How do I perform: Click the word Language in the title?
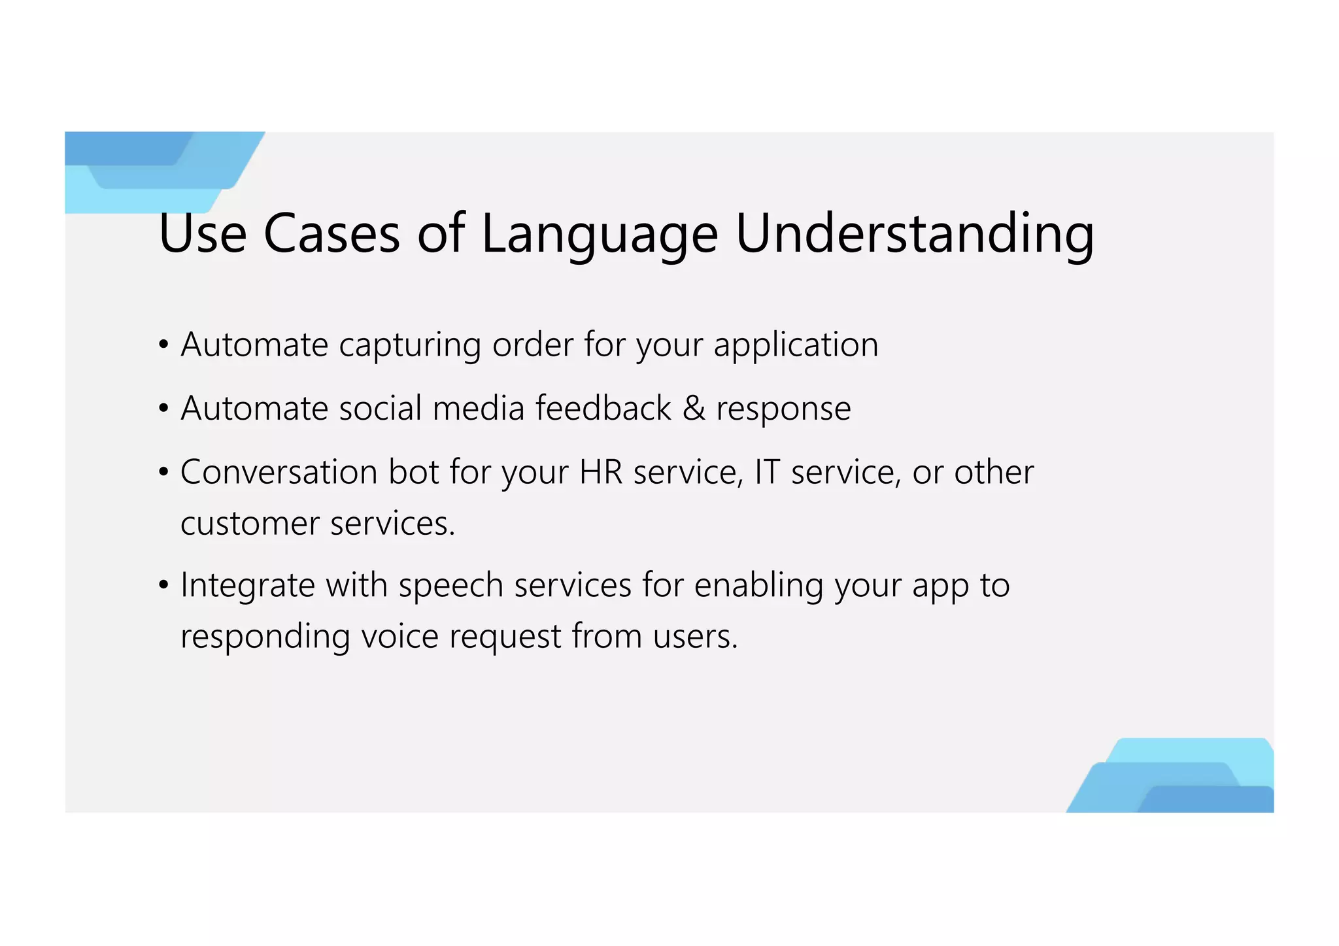599,235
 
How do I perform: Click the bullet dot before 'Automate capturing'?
164,345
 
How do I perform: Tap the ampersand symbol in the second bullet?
694,409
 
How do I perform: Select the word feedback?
603,409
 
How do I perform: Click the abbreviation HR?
601,472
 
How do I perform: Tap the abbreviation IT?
767,472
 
